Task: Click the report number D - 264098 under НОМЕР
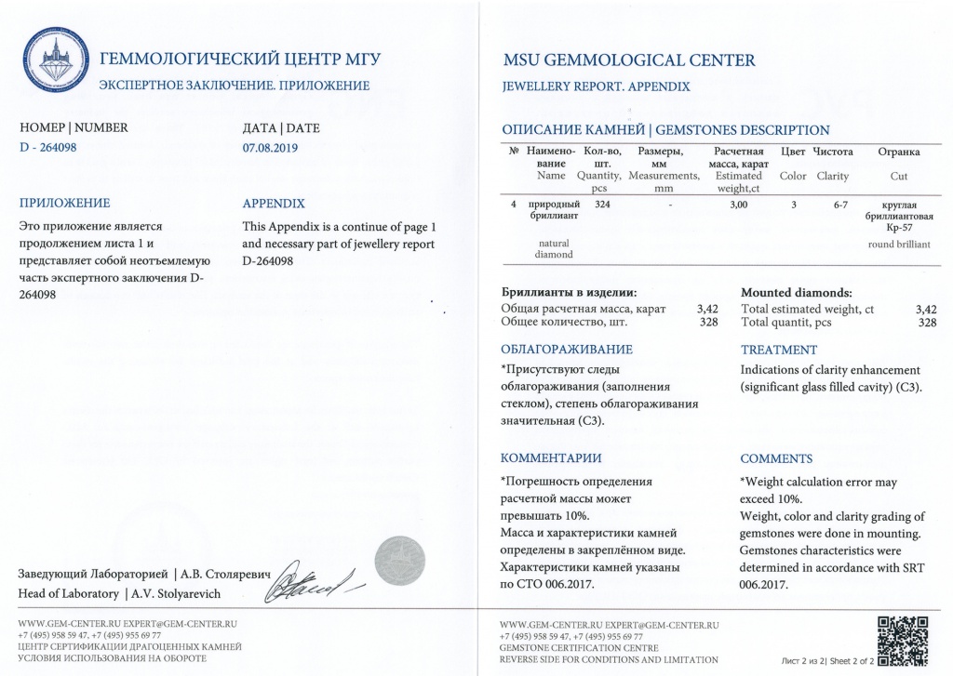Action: (x=53, y=147)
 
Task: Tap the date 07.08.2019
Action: (x=270, y=147)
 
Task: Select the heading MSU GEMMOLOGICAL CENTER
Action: (x=628, y=61)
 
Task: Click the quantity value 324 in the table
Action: (x=602, y=205)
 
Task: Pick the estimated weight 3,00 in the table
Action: (x=739, y=205)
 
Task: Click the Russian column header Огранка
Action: (x=899, y=152)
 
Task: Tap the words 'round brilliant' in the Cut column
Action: (x=898, y=245)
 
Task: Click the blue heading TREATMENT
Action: (x=778, y=351)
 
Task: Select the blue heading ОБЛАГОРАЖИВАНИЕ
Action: (x=566, y=351)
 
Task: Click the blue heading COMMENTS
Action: (x=776, y=458)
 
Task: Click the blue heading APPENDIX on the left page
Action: (x=273, y=204)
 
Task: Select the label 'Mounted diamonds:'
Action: (x=796, y=293)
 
